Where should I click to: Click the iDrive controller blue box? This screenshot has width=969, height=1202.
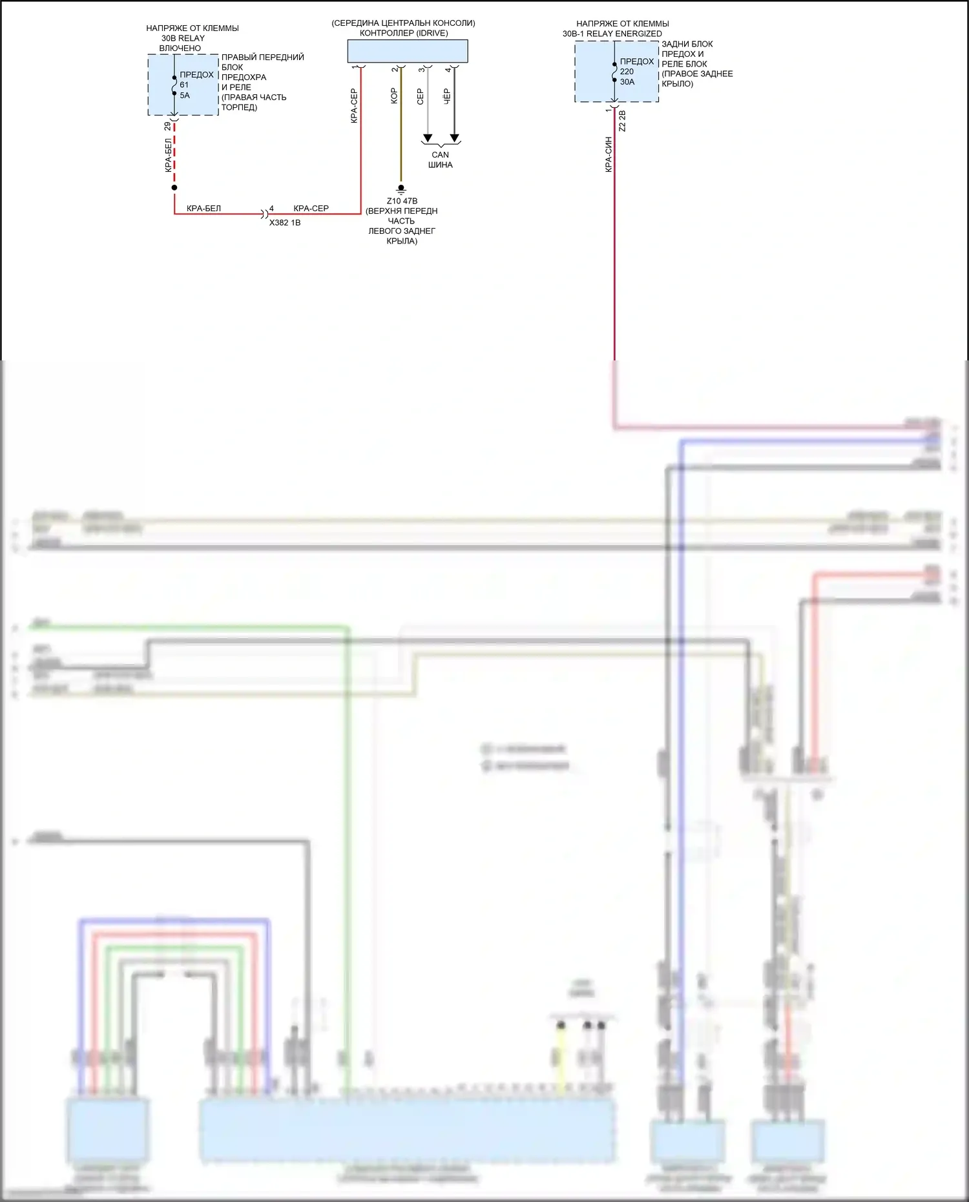click(407, 51)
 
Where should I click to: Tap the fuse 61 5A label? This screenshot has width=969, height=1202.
click(185, 90)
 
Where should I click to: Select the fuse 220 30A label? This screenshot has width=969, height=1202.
click(627, 76)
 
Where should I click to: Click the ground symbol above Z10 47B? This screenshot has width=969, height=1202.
click(401, 189)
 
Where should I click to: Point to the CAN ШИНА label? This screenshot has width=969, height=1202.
click(440, 160)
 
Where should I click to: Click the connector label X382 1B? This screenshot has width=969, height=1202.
click(285, 223)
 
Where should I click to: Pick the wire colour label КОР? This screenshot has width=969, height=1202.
click(393, 96)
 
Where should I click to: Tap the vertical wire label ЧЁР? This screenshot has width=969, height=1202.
click(446, 96)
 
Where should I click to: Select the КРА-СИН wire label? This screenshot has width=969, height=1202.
click(609, 154)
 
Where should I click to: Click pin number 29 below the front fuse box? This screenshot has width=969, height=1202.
click(167, 126)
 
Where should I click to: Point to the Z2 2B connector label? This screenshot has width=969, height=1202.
click(623, 121)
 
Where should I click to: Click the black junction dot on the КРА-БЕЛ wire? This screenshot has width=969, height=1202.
click(174, 188)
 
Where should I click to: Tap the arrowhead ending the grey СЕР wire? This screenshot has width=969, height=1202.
click(427, 138)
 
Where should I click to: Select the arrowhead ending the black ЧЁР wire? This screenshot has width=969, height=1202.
click(455, 138)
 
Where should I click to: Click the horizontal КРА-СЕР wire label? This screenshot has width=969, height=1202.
click(311, 208)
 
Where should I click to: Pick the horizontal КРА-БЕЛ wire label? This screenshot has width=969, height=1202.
click(203, 209)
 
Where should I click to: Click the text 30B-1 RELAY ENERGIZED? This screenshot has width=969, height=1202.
click(612, 34)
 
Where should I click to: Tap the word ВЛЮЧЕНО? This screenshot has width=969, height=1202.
click(180, 48)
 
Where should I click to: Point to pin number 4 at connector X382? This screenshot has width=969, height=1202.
click(271, 208)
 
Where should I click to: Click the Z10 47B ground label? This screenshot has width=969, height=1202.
click(402, 201)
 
